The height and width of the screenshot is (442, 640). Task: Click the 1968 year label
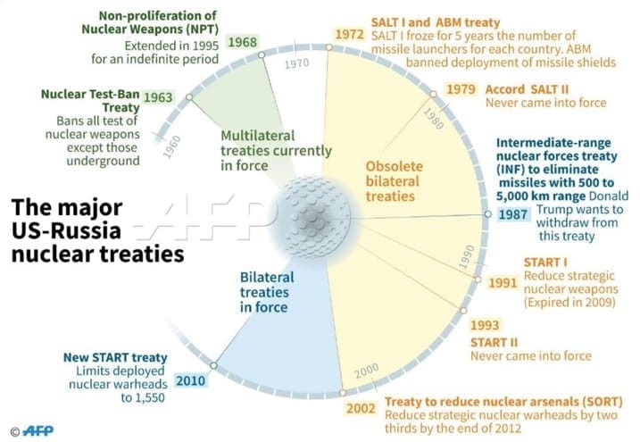point(243,42)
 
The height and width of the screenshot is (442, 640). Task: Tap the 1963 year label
point(158,97)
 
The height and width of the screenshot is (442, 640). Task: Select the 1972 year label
point(349,34)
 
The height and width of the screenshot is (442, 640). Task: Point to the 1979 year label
point(461,89)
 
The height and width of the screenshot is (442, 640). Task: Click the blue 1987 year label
point(513,214)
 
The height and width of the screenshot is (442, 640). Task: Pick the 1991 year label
point(503,282)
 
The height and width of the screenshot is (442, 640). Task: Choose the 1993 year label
point(485,325)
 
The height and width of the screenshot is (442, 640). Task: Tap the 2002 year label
point(361,408)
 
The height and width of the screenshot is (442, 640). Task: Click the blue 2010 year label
point(191,380)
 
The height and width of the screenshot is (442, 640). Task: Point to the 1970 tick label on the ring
point(296,63)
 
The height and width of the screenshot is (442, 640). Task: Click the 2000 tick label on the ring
point(367,371)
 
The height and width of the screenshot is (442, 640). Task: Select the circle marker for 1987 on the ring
point(487,214)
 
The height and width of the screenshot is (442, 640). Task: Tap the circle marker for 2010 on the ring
point(213,365)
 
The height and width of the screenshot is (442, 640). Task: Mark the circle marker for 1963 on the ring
point(189,97)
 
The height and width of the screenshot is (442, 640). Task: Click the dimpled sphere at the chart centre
point(313,217)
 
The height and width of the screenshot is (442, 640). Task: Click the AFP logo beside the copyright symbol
point(38,430)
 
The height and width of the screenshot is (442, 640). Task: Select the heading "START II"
point(494,342)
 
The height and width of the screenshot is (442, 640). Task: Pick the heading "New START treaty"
point(115,357)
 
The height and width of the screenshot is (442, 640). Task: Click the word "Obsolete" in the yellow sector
point(395,166)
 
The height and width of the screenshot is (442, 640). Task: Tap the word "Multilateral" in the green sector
point(258,136)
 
